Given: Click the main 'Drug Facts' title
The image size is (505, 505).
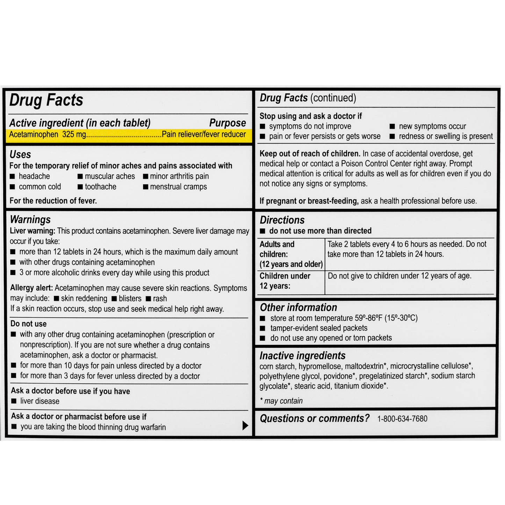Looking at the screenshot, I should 46,100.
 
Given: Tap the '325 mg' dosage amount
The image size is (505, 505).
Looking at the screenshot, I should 74,135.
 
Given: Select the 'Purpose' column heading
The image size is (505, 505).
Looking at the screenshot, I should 228,123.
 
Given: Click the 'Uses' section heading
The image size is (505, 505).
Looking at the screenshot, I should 20,154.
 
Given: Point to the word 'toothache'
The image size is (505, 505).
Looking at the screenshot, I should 101,187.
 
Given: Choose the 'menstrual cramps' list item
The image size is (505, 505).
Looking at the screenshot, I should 178,187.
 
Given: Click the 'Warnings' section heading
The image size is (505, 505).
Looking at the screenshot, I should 30,219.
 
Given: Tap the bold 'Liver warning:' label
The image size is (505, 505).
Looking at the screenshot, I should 33,231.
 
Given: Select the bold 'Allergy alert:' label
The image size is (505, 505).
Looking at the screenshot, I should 31,288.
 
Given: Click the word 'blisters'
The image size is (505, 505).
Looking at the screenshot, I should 130,299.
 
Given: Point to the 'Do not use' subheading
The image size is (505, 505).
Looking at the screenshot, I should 28,324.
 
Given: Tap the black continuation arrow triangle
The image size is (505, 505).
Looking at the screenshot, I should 245,425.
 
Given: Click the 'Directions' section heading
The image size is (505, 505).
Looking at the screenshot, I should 282,220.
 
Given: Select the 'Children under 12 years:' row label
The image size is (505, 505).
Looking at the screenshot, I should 285,281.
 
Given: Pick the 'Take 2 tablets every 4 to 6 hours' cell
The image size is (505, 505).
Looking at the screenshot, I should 407,249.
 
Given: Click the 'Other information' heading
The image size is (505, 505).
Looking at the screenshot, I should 298,308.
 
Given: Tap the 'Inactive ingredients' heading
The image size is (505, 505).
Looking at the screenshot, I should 302,356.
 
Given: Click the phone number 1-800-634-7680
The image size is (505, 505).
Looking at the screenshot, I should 402,419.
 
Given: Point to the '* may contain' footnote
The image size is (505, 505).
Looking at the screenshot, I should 282,401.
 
